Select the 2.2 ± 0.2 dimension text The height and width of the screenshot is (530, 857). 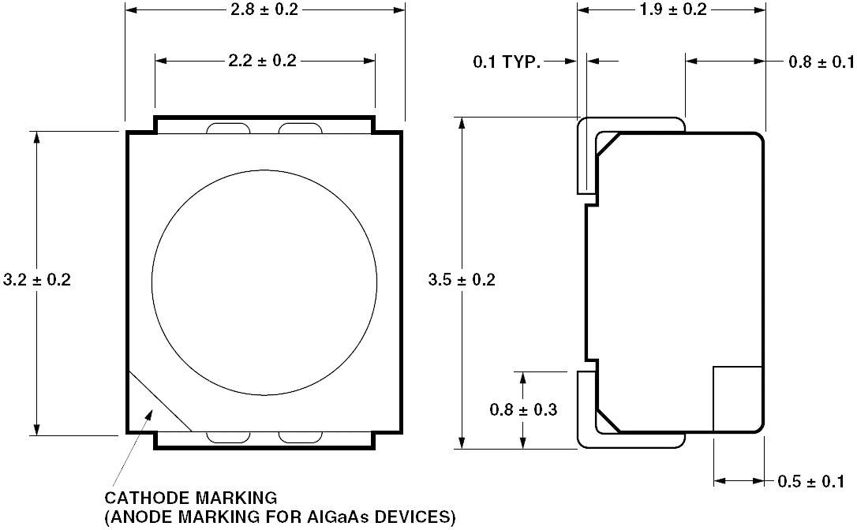click(x=263, y=61)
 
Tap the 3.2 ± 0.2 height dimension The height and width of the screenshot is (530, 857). click(x=37, y=280)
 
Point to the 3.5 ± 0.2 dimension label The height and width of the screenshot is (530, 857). click(x=462, y=280)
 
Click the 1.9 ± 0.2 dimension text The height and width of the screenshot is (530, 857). click(x=672, y=9)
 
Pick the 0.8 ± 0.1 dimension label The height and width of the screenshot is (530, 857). click(x=821, y=62)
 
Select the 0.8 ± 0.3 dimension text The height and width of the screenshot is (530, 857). click(x=523, y=409)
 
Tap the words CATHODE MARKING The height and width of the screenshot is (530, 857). click(x=191, y=498)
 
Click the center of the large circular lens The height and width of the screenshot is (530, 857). click(x=264, y=282)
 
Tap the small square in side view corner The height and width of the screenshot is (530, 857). click(x=737, y=398)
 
